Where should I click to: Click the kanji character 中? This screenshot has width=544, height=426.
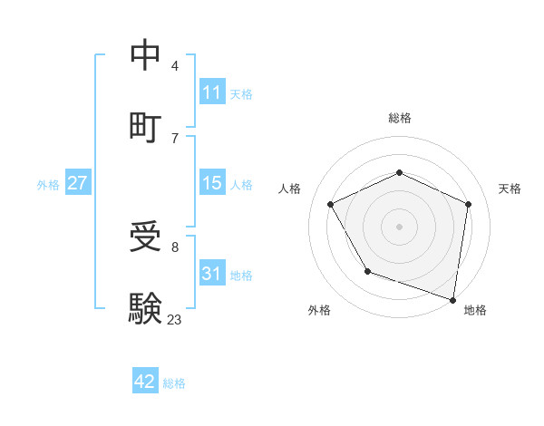click(x=146, y=55)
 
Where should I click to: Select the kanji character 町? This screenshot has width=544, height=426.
click(x=146, y=126)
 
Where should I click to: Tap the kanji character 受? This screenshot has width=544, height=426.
click(x=146, y=238)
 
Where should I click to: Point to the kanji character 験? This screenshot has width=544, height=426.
click(x=146, y=309)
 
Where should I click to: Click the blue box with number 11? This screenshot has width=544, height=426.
click(x=212, y=92)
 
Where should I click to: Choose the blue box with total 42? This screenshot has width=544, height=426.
click(x=145, y=382)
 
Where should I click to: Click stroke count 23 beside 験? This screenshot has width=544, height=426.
click(x=174, y=319)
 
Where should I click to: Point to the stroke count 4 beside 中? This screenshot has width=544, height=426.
click(x=175, y=66)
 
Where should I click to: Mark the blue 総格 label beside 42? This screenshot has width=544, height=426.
click(x=174, y=383)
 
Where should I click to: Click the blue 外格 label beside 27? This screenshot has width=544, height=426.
click(x=48, y=185)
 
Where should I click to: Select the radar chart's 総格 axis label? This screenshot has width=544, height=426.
click(x=400, y=118)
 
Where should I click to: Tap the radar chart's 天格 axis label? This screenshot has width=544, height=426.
click(x=510, y=189)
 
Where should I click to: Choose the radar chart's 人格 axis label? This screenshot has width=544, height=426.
click(x=290, y=189)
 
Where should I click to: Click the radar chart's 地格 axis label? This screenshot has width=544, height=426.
click(x=475, y=310)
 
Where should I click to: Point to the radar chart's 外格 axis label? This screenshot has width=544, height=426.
click(x=319, y=310)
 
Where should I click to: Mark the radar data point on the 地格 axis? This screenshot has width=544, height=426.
click(x=452, y=298)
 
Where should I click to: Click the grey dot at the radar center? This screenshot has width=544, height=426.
click(x=400, y=226)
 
